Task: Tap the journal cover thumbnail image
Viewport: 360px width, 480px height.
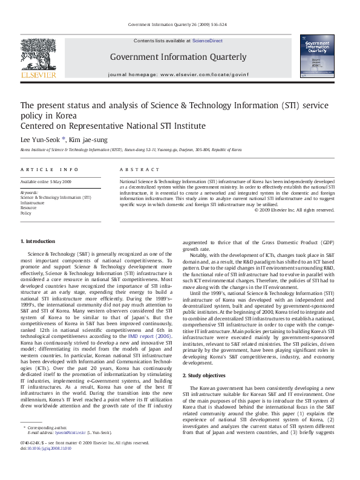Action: pyautogui.click(x=317, y=56)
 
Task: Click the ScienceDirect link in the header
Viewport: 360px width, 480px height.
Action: pyautogui.click(x=207, y=41)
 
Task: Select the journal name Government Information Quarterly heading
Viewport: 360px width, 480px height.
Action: pyautogui.click(x=178, y=57)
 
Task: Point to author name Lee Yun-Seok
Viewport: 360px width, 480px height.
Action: pyautogui.click(x=42, y=139)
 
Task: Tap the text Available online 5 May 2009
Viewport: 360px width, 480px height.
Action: pyautogui.click(x=46, y=181)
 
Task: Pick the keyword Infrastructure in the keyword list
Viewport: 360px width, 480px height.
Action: pyautogui.click(x=33, y=203)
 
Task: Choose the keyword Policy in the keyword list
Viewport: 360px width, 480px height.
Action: pyautogui.click(x=26, y=213)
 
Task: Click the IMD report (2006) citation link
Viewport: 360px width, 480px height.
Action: pyautogui.click(x=148, y=335)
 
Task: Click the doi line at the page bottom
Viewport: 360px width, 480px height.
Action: pyautogui.click(x=46, y=465)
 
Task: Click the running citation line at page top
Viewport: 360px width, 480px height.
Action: pyautogui.click(x=180, y=24)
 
